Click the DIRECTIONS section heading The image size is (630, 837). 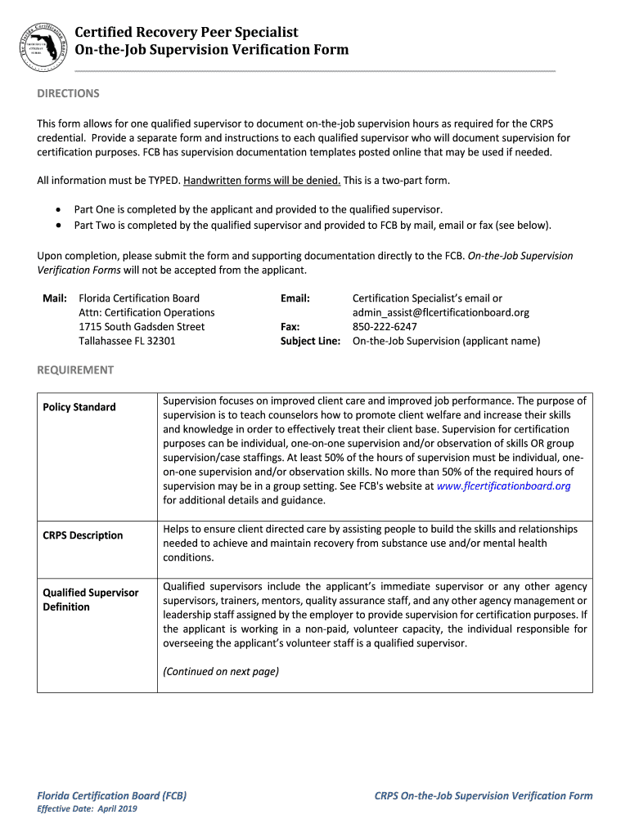pos(68,93)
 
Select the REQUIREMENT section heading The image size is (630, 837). pos(75,369)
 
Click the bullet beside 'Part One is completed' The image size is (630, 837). pos(59,209)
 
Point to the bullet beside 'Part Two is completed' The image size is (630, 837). pos(59,225)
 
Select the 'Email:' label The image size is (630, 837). pos(295,298)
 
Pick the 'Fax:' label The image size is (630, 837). pos(290,326)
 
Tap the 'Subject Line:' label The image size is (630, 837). pos(310,341)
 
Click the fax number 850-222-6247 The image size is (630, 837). pos(385,326)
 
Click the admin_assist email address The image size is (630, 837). pos(441,312)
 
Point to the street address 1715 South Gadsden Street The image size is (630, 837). pos(142,326)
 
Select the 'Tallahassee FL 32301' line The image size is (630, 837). pos(127,341)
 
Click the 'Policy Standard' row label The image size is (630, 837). pos(79,407)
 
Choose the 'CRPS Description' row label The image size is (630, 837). pos(83,535)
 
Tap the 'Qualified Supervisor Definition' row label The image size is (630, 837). pos(90,599)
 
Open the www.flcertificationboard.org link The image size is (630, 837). pos(504,486)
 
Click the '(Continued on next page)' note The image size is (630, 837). pos(221,671)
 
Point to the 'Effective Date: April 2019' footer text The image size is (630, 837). pos(88,808)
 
